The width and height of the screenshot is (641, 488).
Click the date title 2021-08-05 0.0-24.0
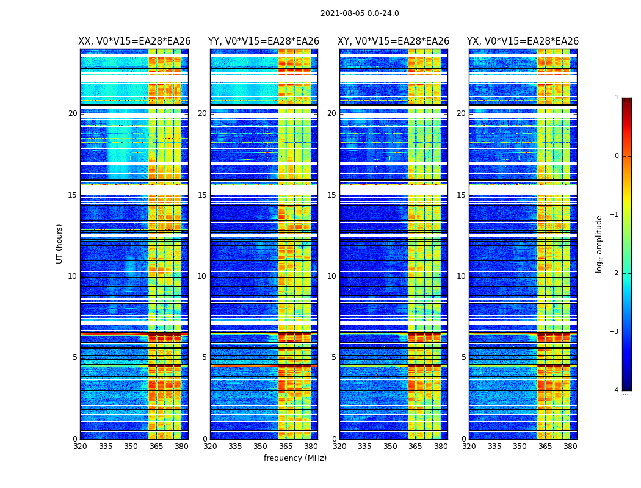point(360,13)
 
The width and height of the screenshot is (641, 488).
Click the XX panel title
point(134,41)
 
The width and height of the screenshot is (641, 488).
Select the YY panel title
point(264,41)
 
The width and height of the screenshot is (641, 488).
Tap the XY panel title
point(394,41)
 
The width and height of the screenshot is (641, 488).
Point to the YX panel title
point(523,41)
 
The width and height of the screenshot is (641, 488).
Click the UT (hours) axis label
point(60,243)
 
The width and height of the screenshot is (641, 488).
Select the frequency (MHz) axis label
point(295,458)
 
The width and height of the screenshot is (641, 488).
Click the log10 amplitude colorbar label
point(599,243)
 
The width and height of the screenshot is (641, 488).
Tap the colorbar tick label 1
point(617,98)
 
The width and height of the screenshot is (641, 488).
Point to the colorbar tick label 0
point(617,156)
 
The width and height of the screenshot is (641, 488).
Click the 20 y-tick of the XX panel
point(73,113)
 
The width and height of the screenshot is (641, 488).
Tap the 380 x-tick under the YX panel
point(570,447)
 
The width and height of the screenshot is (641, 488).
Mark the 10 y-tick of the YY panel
point(202,276)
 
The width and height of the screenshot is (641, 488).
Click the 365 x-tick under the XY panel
point(415,447)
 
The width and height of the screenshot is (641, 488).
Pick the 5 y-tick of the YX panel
point(464,357)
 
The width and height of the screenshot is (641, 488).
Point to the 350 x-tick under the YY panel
point(261,447)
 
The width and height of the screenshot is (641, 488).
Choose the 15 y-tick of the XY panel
point(331,195)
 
